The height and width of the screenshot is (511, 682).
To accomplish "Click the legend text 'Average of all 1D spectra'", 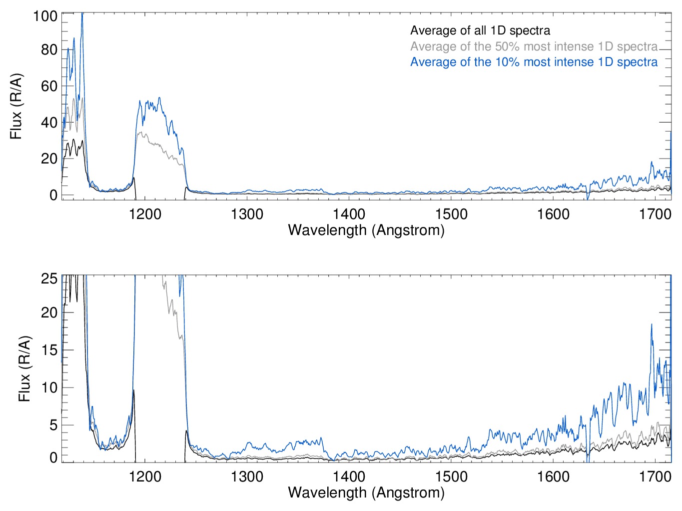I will [x=480, y=30].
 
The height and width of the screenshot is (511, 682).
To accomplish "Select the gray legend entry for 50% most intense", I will [x=534, y=46].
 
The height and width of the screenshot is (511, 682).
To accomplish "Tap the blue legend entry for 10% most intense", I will [x=534, y=62].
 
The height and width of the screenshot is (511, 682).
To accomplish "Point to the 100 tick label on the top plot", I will [x=45, y=16].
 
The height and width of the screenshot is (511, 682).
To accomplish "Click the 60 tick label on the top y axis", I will [x=48, y=86].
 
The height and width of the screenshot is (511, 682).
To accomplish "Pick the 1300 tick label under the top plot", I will [x=247, y=214].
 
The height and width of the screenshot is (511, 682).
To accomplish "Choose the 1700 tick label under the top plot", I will [x=655, y=214].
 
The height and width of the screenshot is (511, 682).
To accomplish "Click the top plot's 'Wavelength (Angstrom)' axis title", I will [x=366, y=230].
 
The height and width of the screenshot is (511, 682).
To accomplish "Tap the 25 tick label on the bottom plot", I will [x=49, y=278].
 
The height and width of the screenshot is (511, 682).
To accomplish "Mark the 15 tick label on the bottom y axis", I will [x=49, y=350].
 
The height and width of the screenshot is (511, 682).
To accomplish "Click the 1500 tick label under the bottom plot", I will [x=451, y=476].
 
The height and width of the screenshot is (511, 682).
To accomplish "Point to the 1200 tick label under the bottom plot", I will [x=145, y=476].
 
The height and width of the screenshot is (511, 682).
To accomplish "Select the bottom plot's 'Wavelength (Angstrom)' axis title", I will [x=366, y=492].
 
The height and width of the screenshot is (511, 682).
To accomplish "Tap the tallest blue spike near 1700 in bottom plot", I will [x=652, y=325].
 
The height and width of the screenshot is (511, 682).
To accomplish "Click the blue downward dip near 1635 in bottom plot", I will [x=588, y=457].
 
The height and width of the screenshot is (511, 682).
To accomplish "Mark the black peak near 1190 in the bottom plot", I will [x=133, y=391].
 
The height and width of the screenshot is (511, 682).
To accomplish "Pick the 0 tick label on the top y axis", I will [x=53, y=195].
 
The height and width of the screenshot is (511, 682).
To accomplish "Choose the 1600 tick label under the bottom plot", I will [x=553, y=476].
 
